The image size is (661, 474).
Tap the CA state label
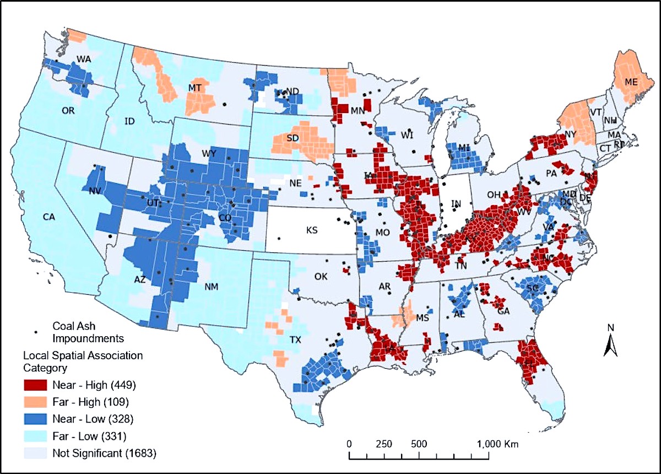coord(50,217)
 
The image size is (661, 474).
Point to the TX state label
coord(296,340)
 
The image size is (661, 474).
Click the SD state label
coord(292,139)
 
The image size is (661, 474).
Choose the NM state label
coord(211,287)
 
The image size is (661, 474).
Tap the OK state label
coord(320,277)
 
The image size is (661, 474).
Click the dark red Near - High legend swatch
coord(35,384)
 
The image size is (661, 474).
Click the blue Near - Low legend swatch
coord(35,419)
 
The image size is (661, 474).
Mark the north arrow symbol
coord(610,342)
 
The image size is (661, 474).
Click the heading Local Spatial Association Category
coord(82,361)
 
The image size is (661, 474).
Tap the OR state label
coord(68,110)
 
